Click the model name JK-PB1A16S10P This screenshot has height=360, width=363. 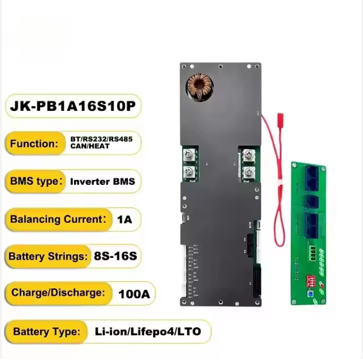click(x=73, y=107)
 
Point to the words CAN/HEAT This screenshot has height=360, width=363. click(x=90, y=147)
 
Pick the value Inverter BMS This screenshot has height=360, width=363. click(x=102, y=181)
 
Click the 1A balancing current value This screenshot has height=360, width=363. click(x=124, y=219)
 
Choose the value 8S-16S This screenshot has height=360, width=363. click(x=115, y=256)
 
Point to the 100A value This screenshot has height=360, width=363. click(x=134, y=295)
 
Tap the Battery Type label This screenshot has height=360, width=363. click(x=46, y=331)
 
